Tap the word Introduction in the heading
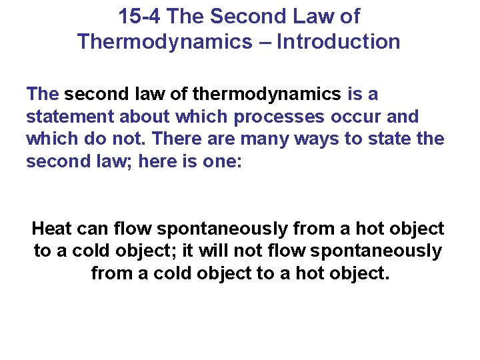point(339,42)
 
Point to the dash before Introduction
point(265,42)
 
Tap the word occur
point(361,117)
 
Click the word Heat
point(52,229)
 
